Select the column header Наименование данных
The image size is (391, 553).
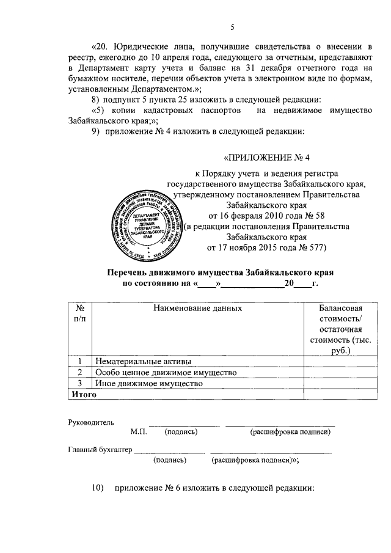point(197,308)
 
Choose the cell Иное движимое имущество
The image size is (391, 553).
point(148,383)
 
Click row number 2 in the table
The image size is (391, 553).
point(79,372)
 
